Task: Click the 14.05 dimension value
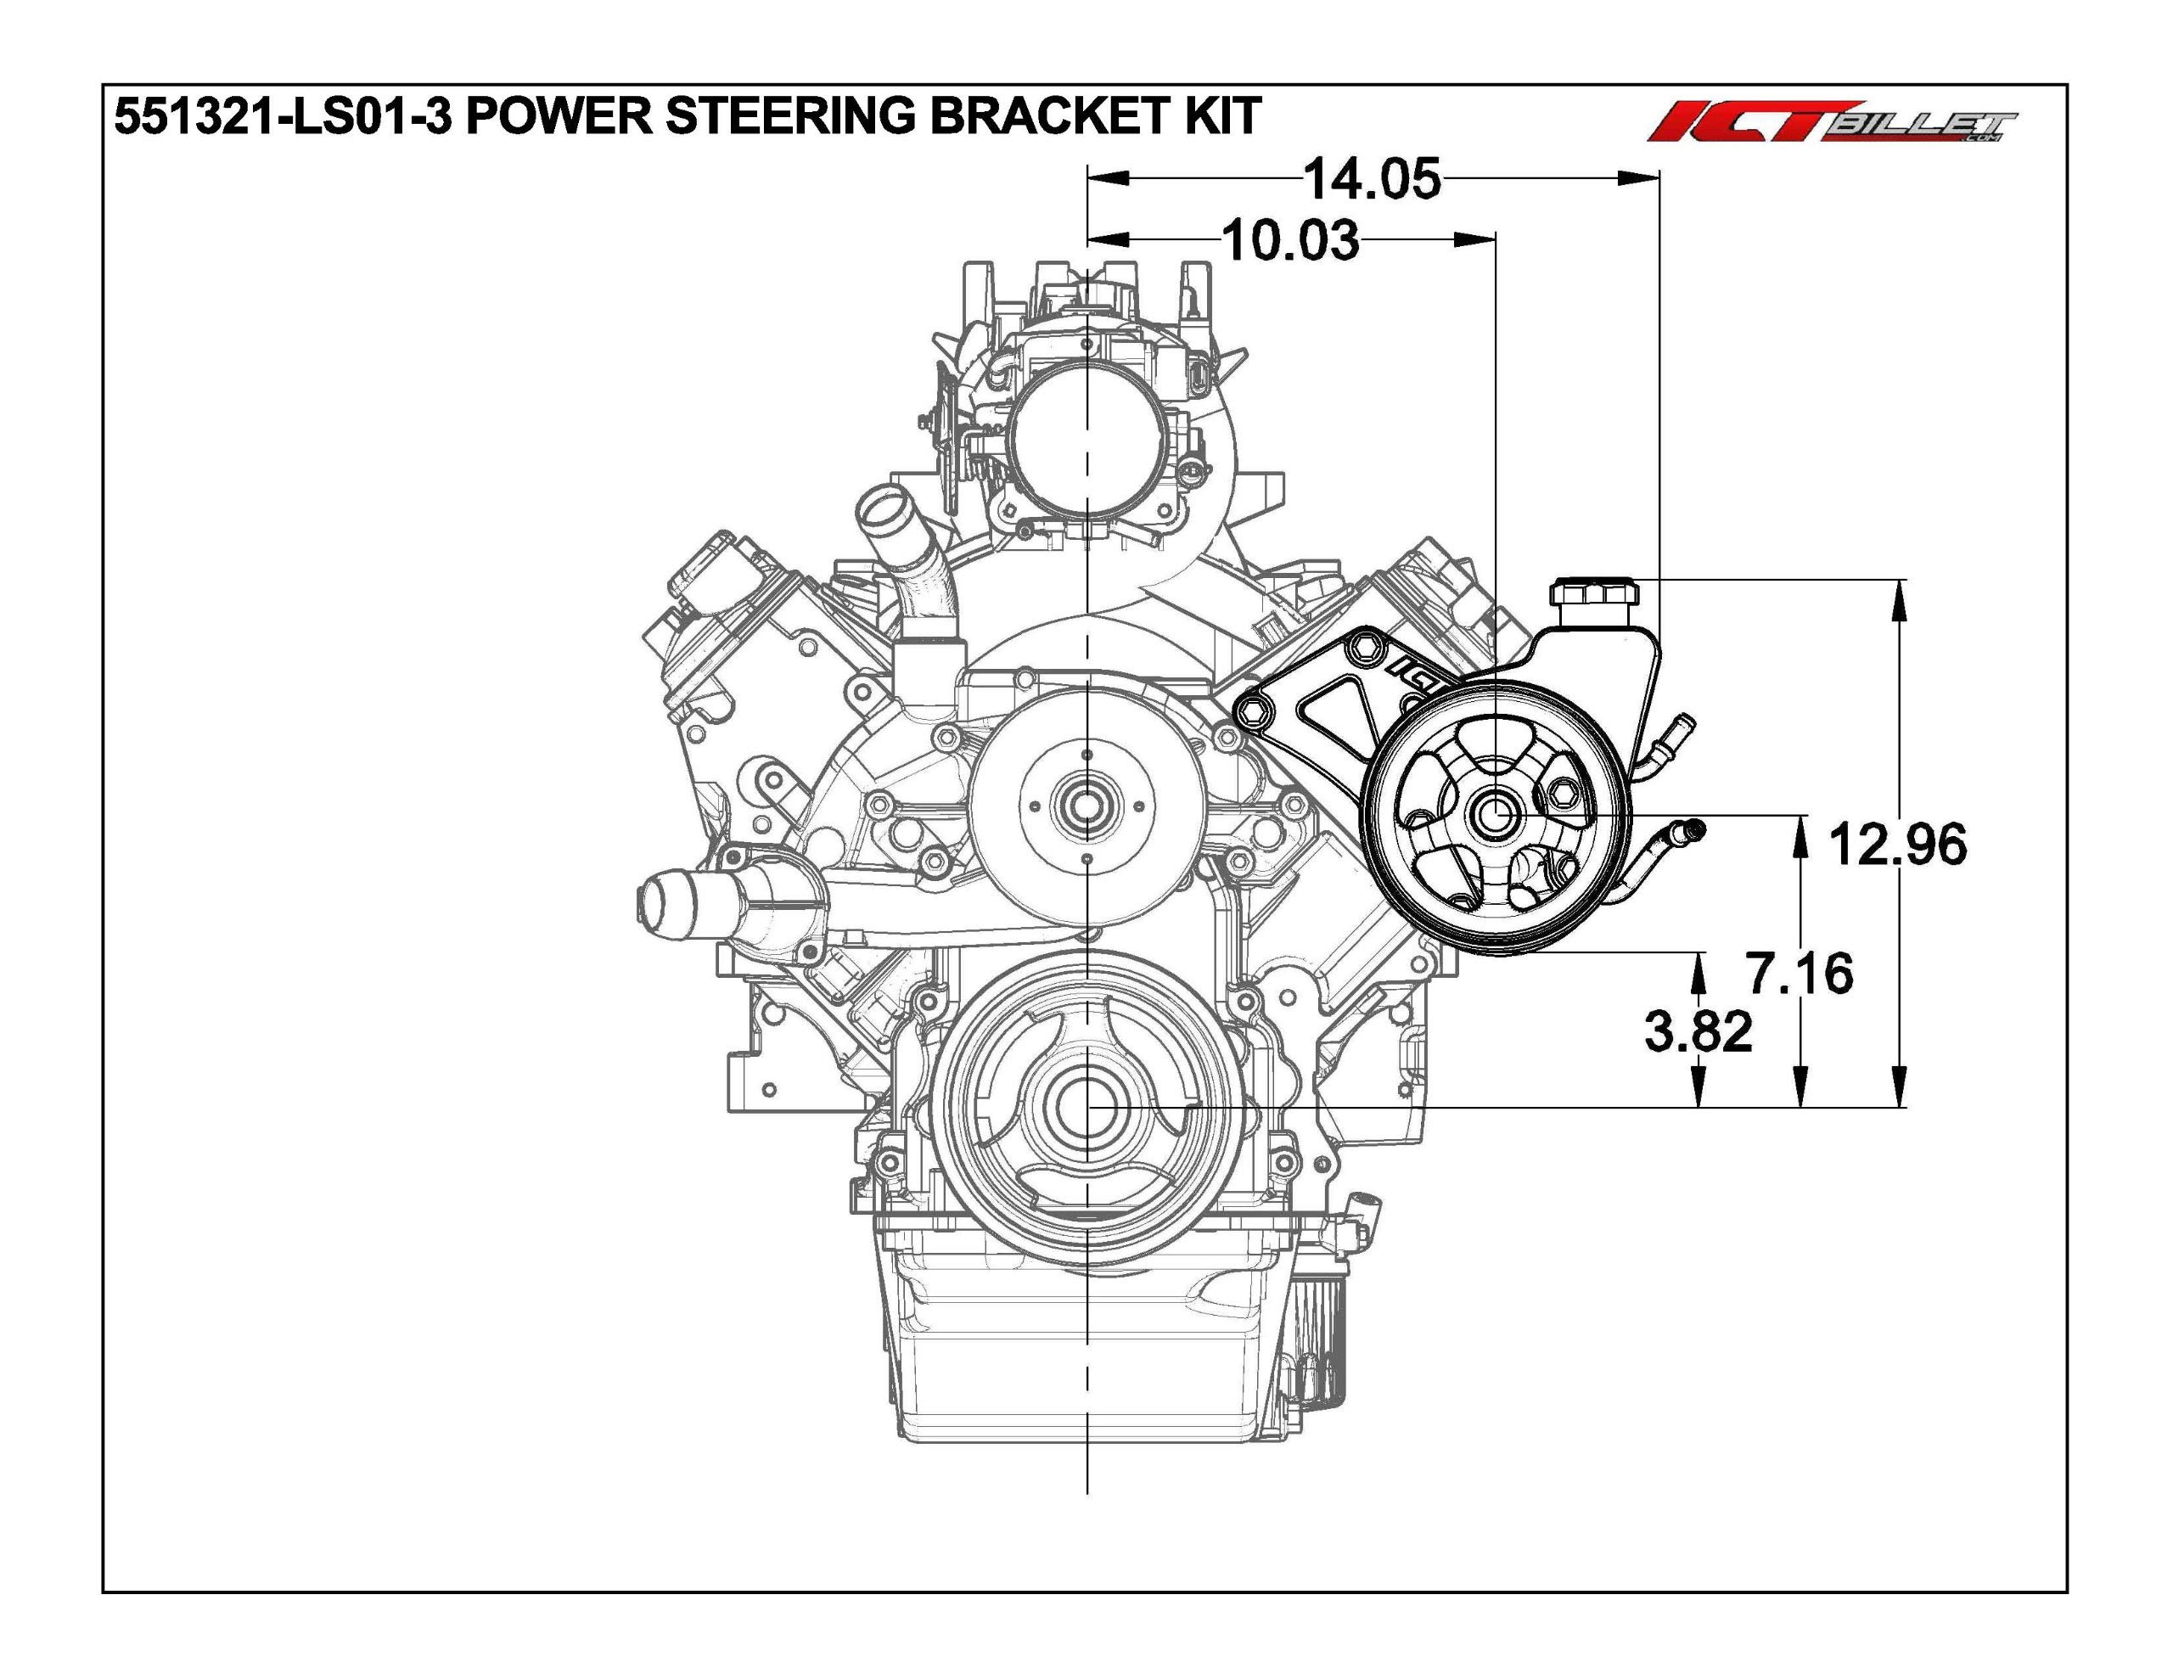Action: [1371, 180]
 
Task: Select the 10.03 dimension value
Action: [1289, 240]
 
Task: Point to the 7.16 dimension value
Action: [1801, 973]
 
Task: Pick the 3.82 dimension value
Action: [1699, 1031]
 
